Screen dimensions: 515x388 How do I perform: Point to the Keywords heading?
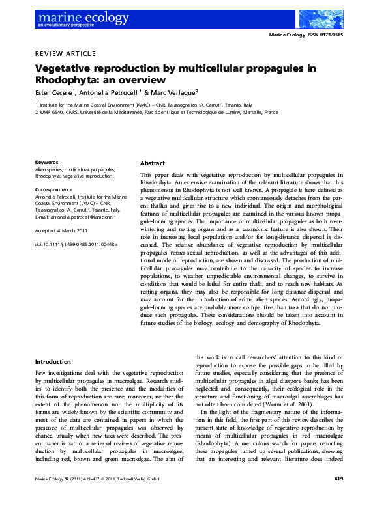pyautogui.click(x=46, y=162)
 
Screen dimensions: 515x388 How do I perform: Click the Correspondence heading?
pyautogui.click(x=53, y=189)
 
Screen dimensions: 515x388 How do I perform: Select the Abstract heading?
pyautogui.click(x=153, y=163)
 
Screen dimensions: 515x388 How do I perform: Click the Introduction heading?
pyautogui.click(x=53, y=361)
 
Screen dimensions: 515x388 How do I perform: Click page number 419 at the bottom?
pyautogui.click(x=338, y=497)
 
